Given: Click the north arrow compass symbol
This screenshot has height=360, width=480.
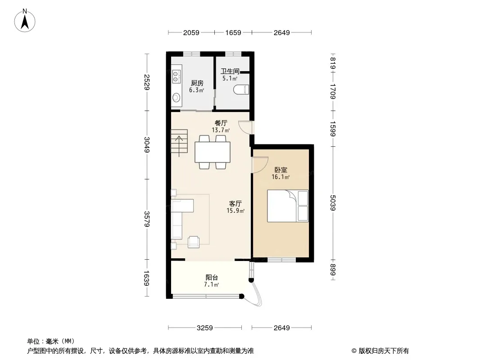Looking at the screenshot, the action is [25, 21].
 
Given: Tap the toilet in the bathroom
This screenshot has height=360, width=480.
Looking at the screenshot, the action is [241, 90].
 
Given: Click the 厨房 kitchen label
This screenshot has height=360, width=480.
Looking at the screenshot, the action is [197, 83].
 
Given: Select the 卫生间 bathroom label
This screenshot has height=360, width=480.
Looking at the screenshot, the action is [230, 71].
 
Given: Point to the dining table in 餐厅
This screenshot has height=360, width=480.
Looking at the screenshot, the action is [213, 152].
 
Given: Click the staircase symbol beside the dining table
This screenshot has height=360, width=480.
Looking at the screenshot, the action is [179, 141].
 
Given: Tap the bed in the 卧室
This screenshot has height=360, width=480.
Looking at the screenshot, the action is [288, 206].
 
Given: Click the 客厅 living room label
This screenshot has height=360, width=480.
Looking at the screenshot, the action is [235, 203].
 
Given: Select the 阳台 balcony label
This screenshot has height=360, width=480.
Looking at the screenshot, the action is [212, 277].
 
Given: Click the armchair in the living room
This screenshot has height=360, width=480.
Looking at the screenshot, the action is [194, 242].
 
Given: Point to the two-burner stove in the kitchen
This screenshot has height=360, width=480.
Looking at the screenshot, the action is [176, 76].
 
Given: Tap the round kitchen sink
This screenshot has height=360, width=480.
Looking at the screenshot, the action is [176, 98].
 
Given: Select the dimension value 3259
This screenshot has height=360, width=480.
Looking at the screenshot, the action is [204, 328].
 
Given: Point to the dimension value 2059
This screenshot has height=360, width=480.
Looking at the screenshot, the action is [191, 32].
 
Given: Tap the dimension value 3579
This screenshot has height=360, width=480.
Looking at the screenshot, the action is [147, 219].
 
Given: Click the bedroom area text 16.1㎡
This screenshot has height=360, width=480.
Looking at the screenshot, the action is [281, 177].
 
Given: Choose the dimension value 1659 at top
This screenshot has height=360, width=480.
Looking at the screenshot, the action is [233, 32].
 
